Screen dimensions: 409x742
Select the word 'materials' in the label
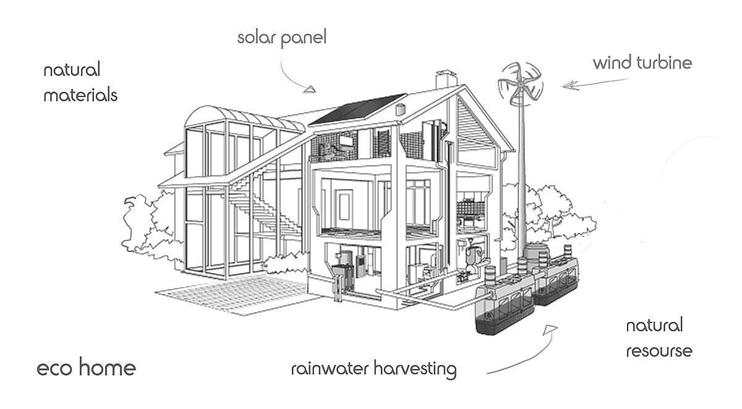click(x=80, y=96)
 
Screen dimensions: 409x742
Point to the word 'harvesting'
click(x=419, y=371)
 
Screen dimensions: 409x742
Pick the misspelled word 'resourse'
click(x=659, y=351)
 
